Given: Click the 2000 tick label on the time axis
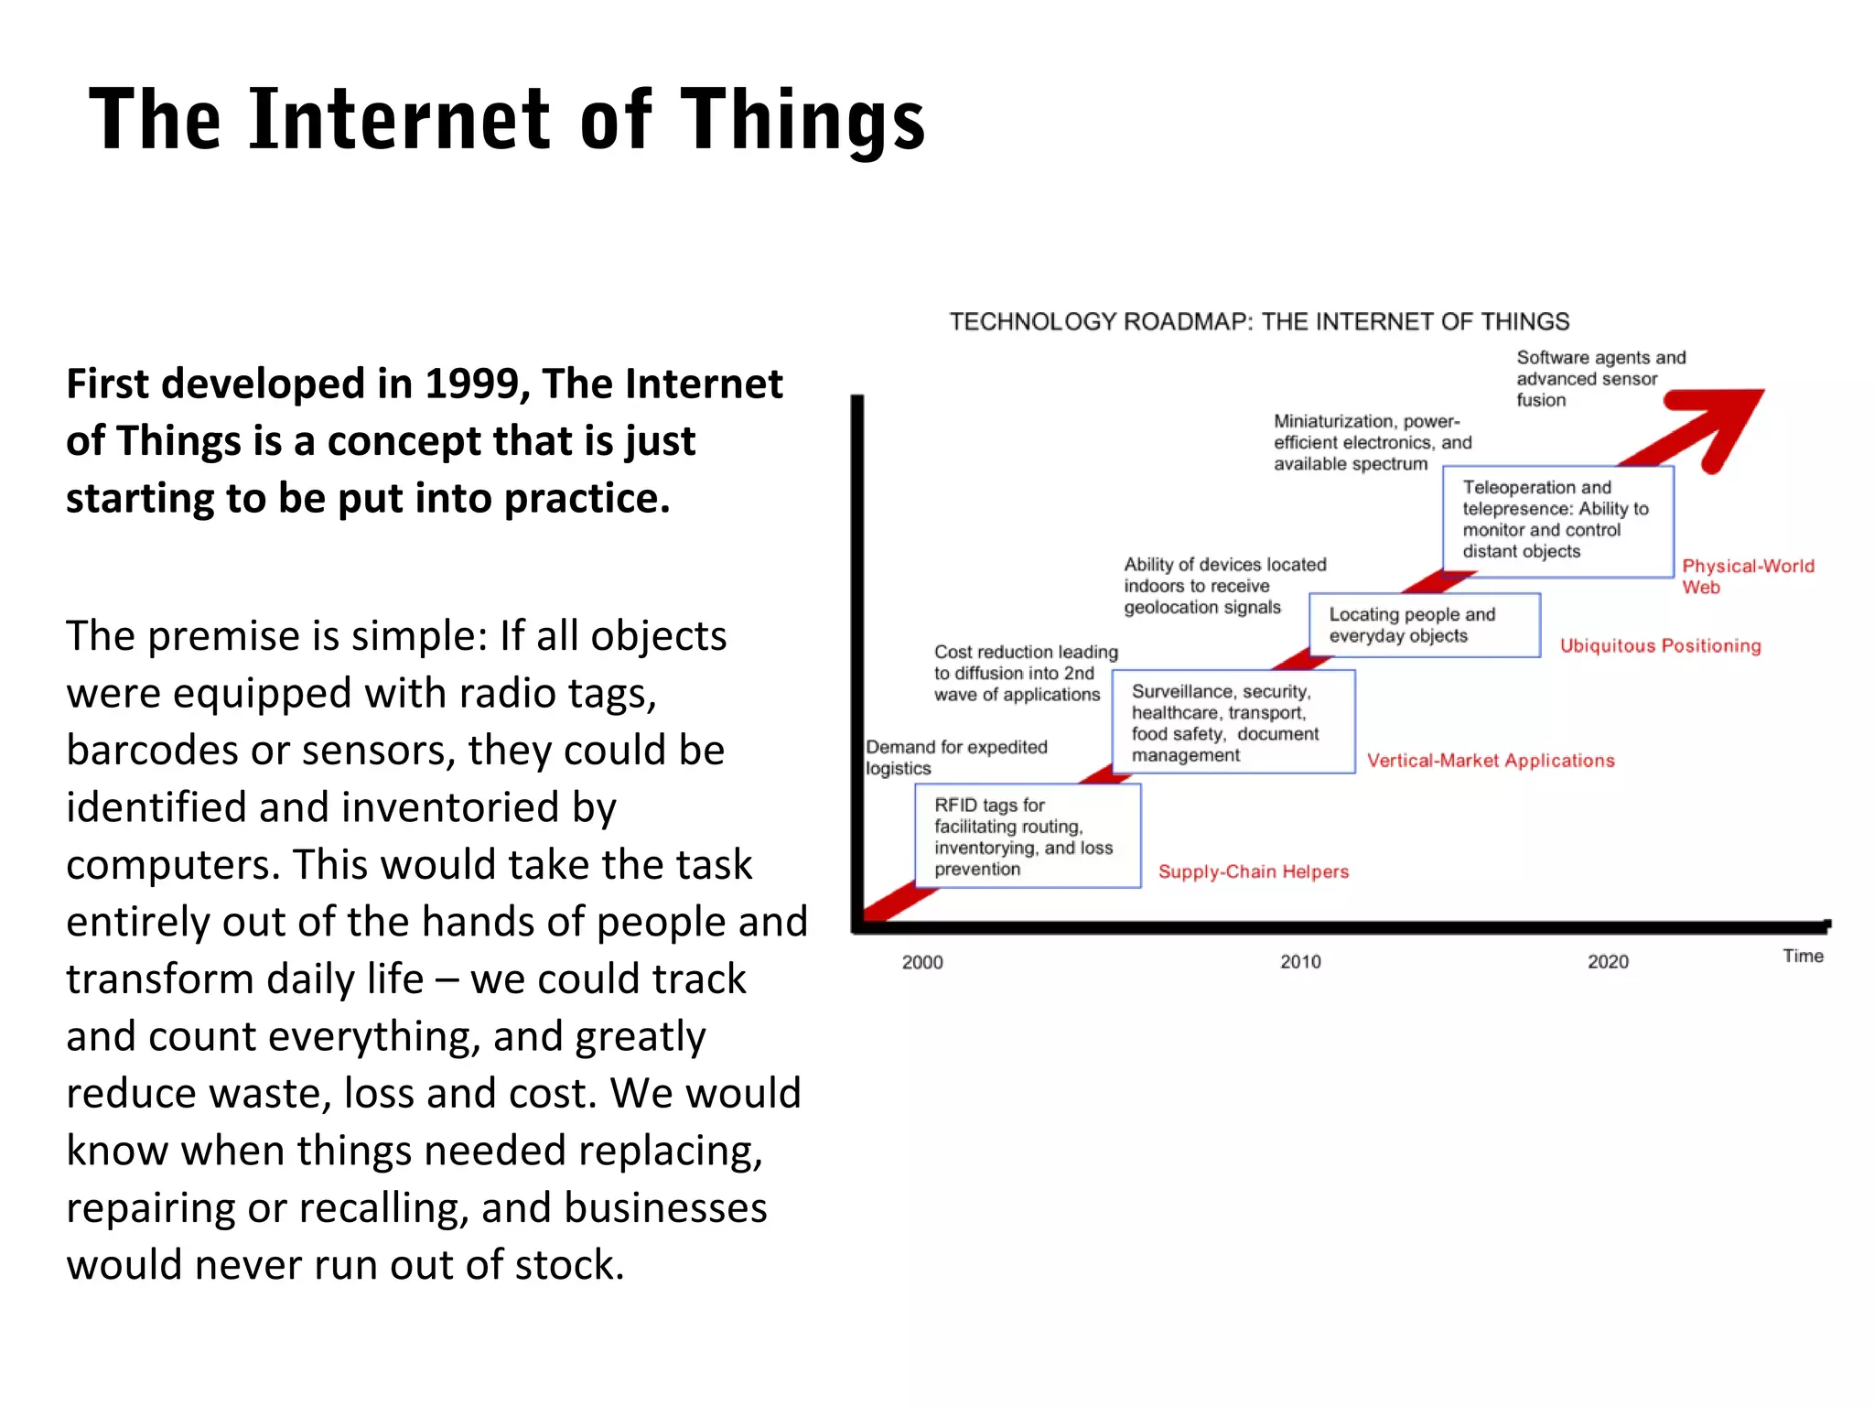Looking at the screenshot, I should tap(921, 962).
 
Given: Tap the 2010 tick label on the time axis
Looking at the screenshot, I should tap(1299, 962).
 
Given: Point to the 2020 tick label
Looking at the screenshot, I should tap(1608, 962).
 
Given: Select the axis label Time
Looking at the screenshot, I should tap(1803, 957).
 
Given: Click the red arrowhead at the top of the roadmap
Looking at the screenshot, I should tap(1725, 421).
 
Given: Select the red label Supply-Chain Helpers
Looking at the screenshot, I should tap(1254, 871).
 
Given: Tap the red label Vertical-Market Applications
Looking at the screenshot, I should tap(1491, 761).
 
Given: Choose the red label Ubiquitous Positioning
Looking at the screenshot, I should tap(1660, 646).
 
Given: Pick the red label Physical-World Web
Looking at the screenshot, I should tap(1747, 576).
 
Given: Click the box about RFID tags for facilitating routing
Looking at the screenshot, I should tap(1028, 836).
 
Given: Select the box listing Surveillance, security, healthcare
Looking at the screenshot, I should tap(1233, 722).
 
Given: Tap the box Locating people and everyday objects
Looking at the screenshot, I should tap(1424, 625).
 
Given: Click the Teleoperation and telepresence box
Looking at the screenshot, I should tap(1557, 520).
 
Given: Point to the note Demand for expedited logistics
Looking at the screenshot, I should tap(955, 757).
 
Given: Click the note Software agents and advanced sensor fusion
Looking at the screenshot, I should tap(1599, 378).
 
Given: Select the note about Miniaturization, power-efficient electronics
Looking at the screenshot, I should tap(1372, 442).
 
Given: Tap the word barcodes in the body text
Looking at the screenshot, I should tap(152, 751).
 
